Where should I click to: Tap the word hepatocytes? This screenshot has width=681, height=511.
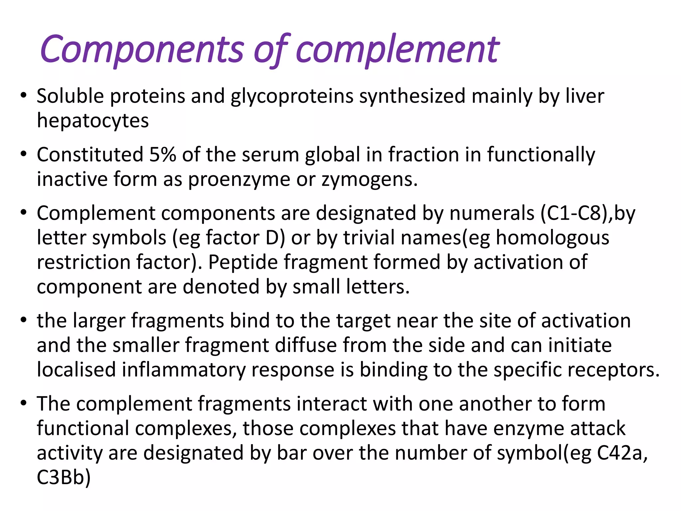[x=93, y=120]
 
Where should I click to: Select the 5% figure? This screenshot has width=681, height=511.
[x=163, y=155]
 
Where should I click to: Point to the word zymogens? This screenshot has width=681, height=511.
[x=369, y=180]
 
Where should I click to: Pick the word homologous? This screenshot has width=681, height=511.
[x=552, y=238]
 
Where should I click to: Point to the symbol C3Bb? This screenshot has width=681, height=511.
[x=63, y=477]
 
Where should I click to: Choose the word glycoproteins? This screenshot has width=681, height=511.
[x=292, y=96]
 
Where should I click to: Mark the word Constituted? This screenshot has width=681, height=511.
[x=90, y=155]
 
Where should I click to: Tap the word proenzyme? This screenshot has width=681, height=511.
[x=239, y=180]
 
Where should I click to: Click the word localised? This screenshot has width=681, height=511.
[x=76, y=370]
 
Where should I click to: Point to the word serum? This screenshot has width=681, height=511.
[x=270, y=155]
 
